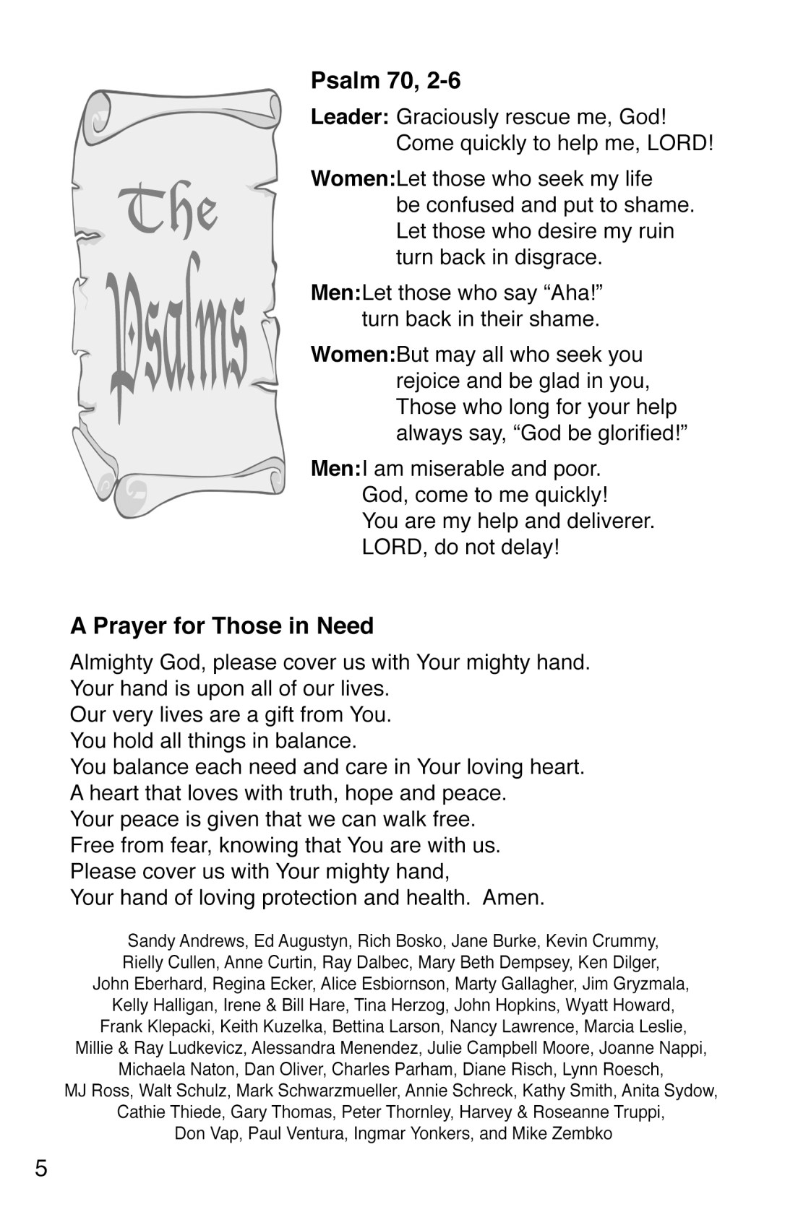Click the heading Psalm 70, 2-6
(385, 81)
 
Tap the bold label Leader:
(351, 117)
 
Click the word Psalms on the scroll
(176, 339)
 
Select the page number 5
(41, 1168)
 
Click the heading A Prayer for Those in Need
(222, 626)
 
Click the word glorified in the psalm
(627, 433)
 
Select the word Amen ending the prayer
(512, 898)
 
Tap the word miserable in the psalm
(458, 469)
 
